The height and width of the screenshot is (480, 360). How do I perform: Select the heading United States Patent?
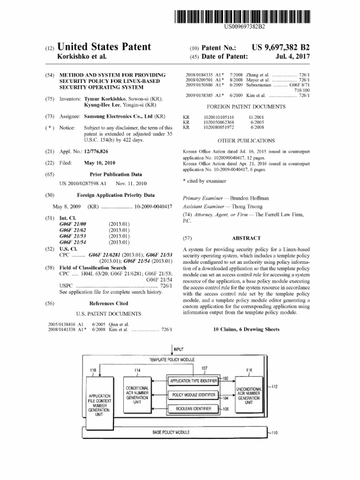[x=104, y=47]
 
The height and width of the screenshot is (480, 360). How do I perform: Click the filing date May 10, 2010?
[x=99, y=163]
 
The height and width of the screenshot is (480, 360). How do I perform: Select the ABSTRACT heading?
[x=246, y=238]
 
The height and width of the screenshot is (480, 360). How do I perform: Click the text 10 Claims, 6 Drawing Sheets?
[x=246, y=330]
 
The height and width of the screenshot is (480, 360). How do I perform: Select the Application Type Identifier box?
[x=194, y=381]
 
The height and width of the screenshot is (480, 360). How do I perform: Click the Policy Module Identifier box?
[x=194, y=395]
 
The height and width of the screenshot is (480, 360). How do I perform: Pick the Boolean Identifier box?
[x=194, y=409]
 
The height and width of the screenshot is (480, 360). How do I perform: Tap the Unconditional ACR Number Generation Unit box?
[x=248, y=396]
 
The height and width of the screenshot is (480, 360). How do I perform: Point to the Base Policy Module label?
[x=171, y=432]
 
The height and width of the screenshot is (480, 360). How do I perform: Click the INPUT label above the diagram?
[x=179, y=350]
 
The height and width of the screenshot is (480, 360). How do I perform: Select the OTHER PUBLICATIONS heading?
[x=246, y=140]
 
